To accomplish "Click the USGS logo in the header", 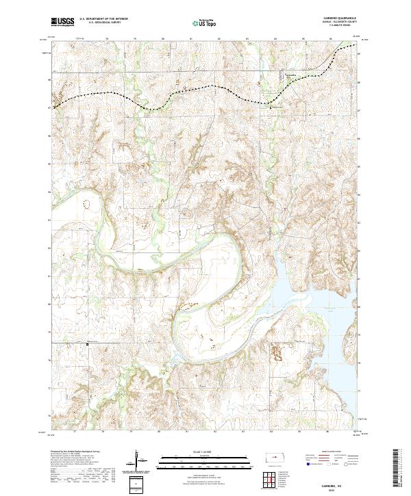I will [x=63, y=22].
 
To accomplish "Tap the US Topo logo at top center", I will [x=205, y=23].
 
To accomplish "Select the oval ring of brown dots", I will [x=86, y=203].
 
